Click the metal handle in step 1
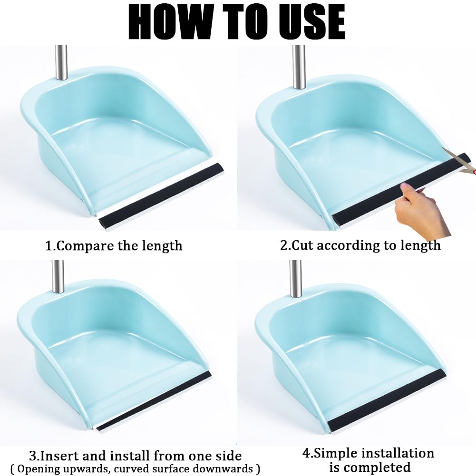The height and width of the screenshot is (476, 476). pyautogui.click(x=61, y=63)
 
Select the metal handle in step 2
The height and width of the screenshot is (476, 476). pyautogui.click(x=299, y=67)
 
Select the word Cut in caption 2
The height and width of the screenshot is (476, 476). pyautogui.click(x=302, y=245)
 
